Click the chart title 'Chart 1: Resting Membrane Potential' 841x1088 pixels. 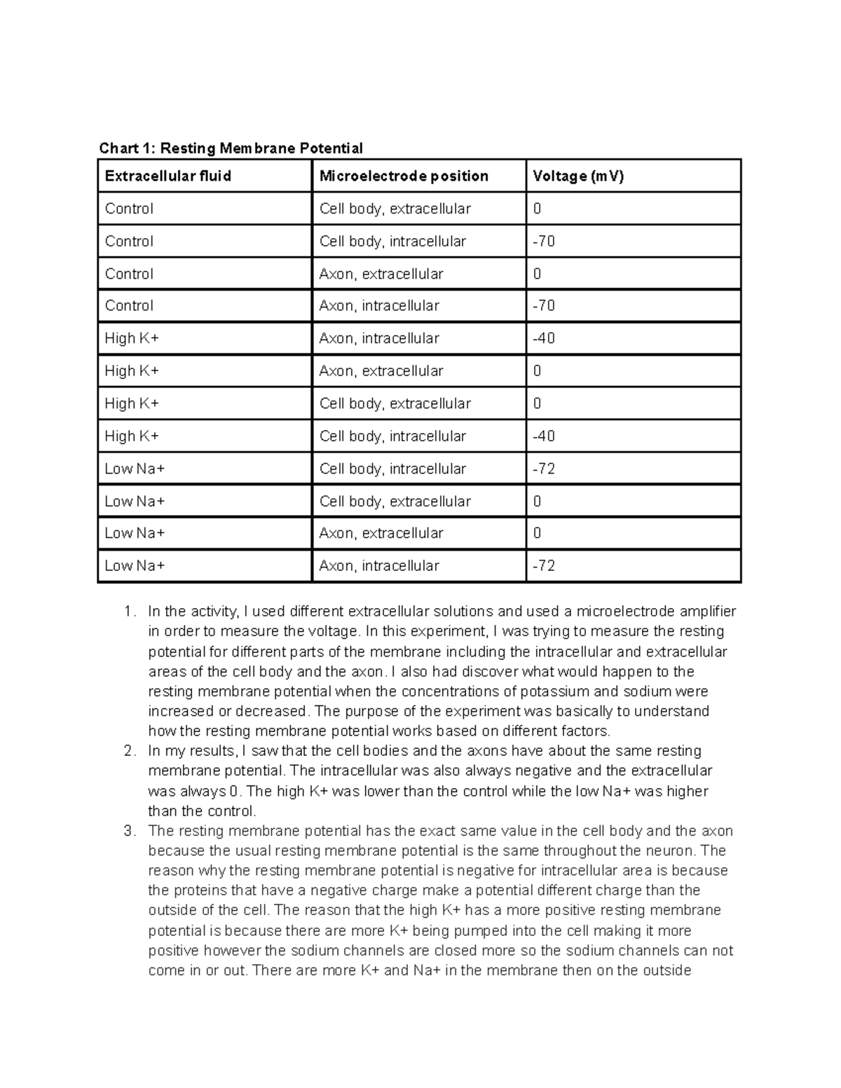(231, 148)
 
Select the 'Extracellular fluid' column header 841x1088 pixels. (167, 176)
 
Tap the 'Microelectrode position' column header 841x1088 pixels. (404, 176)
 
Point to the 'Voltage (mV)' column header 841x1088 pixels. (577, 176)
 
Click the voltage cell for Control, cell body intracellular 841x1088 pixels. (544, 241)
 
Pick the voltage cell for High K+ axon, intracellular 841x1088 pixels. (544, 338)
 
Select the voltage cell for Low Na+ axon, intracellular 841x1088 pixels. (544, 565)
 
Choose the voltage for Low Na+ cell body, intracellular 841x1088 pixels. (544, 469)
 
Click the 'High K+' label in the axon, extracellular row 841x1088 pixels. (132, 371)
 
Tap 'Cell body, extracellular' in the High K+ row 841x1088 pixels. (395, 404)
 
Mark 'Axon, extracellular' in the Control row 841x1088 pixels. (381, 274)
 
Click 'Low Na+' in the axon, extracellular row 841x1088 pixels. (135, 533)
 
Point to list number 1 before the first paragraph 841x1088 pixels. (128, 612)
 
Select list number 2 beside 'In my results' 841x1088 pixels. (128, 751)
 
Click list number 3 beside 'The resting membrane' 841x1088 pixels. (128, 831)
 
